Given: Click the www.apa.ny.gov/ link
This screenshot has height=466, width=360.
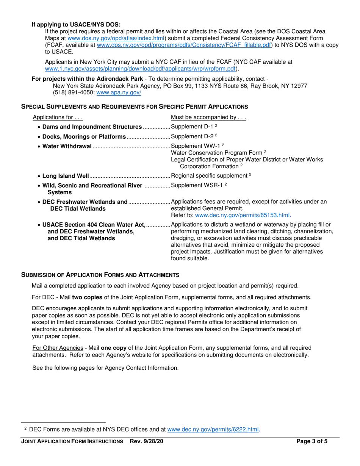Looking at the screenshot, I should click(x=119, y=92).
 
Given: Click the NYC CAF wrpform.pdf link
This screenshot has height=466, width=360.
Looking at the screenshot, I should click(x=141, y=69).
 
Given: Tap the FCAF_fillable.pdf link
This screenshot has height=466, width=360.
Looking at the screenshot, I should click(x=185, y=45).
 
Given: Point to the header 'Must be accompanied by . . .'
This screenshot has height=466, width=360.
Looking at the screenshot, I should click(x=208, y=117).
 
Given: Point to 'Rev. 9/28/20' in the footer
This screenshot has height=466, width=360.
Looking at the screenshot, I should click(x=147, y=441).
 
